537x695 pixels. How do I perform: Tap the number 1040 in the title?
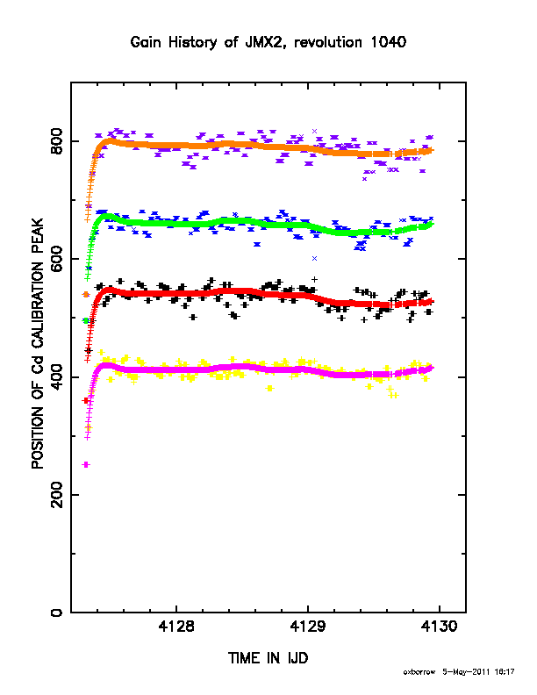(388, 42)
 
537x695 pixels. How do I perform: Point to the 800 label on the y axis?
(57, 141)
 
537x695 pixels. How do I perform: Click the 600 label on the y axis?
(57, 259)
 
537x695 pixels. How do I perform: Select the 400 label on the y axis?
(57, 376)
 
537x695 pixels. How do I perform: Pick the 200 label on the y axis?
(57, 495)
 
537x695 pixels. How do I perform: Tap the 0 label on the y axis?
(57, 613)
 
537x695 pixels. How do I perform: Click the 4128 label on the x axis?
(175, 627)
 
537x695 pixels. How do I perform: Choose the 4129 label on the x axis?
(307, 627)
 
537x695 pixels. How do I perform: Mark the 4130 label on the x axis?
(439, 627)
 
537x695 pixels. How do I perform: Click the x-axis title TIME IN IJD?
(268, 658)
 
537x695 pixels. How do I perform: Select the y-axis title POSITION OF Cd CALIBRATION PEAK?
(38, 343)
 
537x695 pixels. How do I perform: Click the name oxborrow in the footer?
(419, 672)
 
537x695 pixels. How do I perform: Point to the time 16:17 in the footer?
(505, 672)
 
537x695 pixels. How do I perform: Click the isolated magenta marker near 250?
(86, 464)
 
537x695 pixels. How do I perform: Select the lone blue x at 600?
(315, 258)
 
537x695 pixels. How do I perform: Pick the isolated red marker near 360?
(86, 400)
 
